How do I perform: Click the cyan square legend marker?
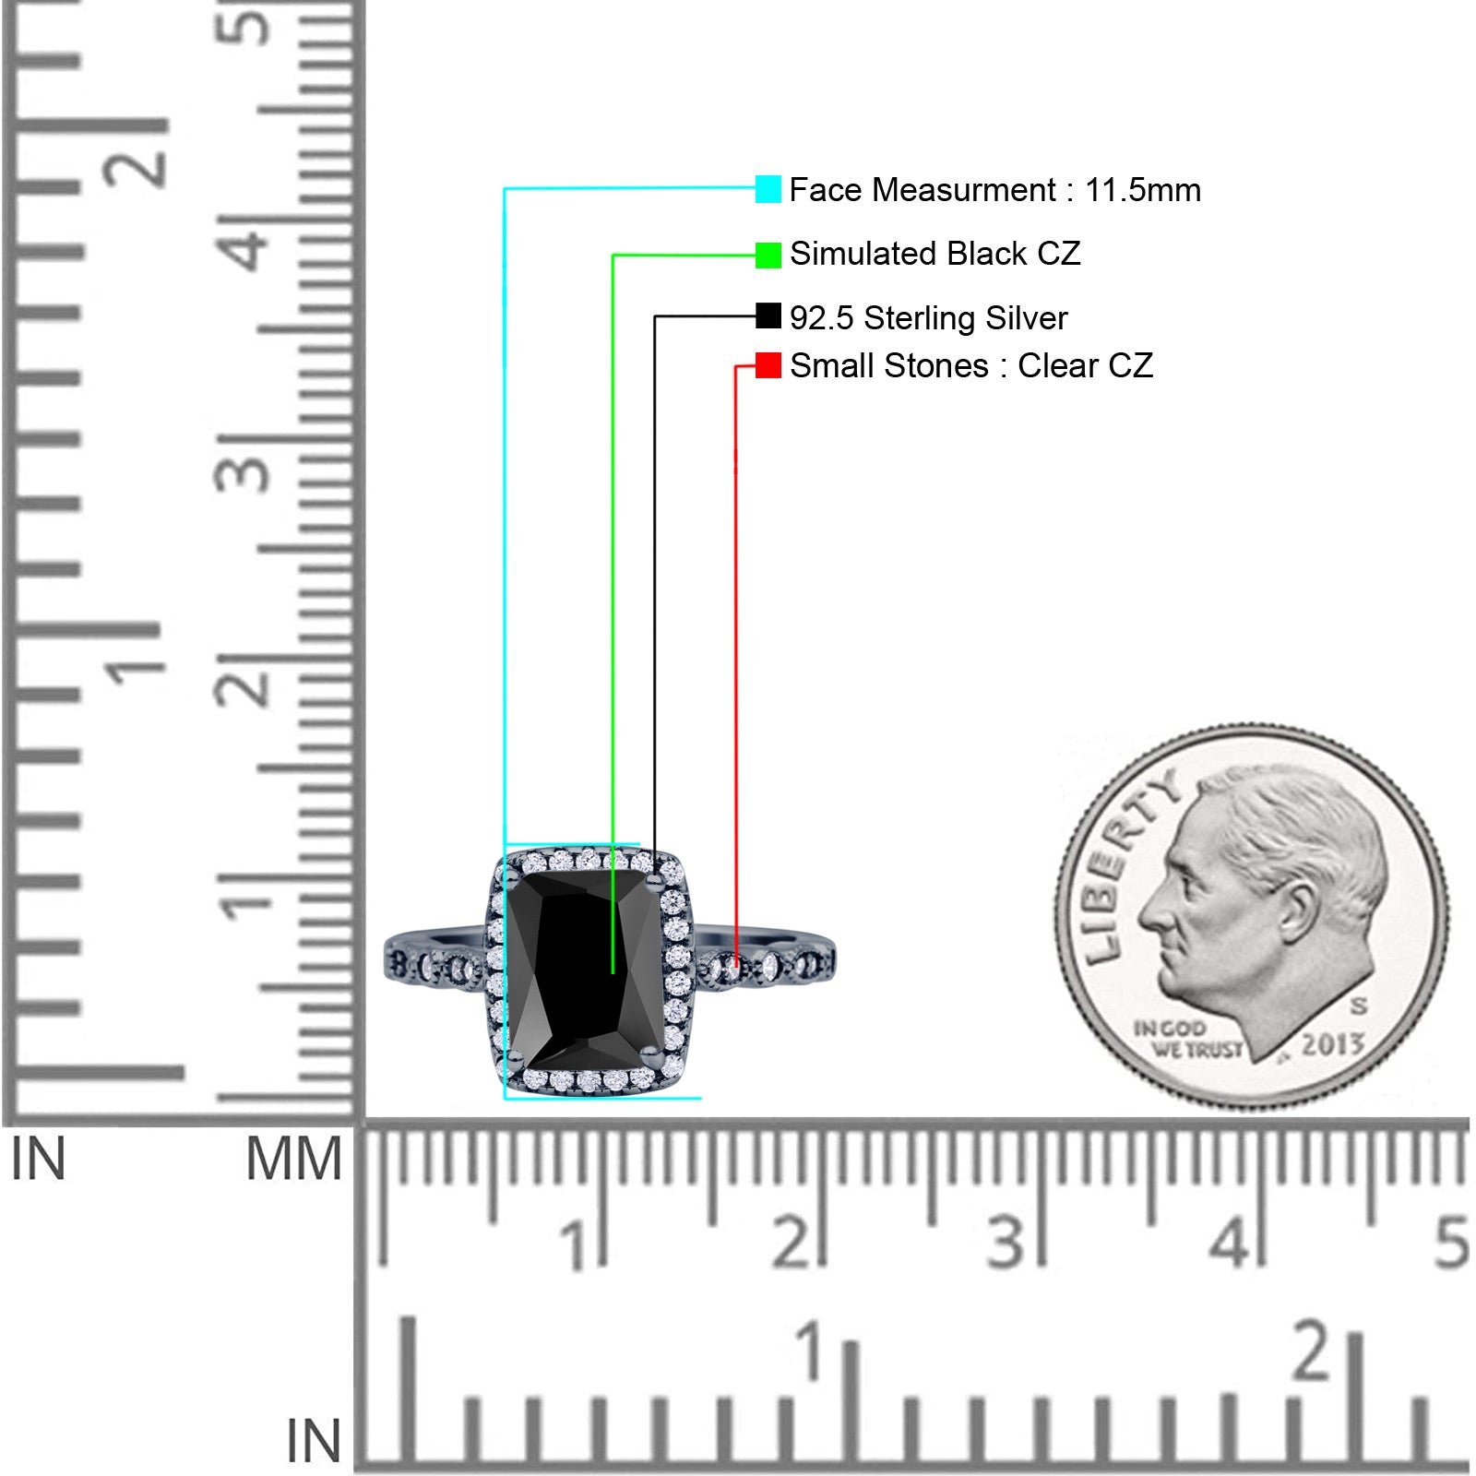pyautogui.click(x=768, y=189)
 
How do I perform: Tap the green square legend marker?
pyautogui.click(x=768, y=255)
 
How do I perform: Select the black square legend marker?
pyautogui.click(x=768, y=316)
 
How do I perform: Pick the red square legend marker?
pyautogui.click(x=768, y=365)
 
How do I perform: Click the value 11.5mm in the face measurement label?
pyautogui.click(x=1143, y=190)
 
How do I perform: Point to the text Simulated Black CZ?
pyautogui.click(x=934, y=254)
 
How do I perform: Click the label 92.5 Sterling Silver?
pyautogui.click(x=928, y=318)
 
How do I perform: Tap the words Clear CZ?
pyautogui.click(x=1085, y=366)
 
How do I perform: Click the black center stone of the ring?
pyautogui.click(x=585, y=970)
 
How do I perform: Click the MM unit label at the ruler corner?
pyautogui.click(x=293, y=1160)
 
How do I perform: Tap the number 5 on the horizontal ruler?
pyautogui.click(x=1451, y=1242)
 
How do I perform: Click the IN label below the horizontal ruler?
pyautogui.click(x=314, y=1440)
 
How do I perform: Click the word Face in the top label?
pyautogui.click(x=825, y=190)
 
